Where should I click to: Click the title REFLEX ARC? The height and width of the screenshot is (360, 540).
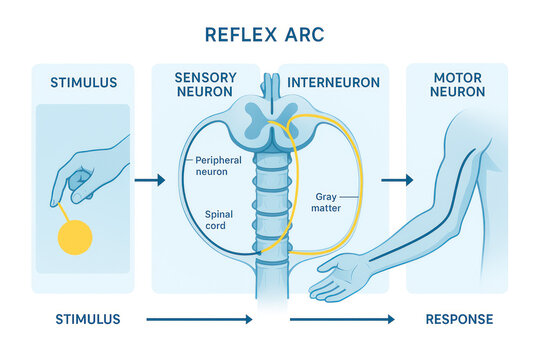point(264,35)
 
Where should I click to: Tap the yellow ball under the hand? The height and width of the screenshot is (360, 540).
point(74,238)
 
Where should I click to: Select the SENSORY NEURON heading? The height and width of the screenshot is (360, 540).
point(205,85)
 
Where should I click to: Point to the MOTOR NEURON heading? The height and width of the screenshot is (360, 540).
point(458,85)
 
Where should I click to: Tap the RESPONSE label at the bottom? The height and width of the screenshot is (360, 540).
point(459,320)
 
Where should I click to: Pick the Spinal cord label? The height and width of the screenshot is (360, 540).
point(219,220)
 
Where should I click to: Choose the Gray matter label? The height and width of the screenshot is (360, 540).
point(332,204)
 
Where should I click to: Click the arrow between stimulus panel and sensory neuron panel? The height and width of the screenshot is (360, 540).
point(149,180)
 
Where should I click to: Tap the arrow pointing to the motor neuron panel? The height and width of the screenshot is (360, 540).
point(396,180)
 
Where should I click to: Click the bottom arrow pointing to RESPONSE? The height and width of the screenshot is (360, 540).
point(341,320)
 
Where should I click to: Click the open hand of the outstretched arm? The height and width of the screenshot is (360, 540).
point(340,277)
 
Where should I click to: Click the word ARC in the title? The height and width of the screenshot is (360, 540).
point(304,35)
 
